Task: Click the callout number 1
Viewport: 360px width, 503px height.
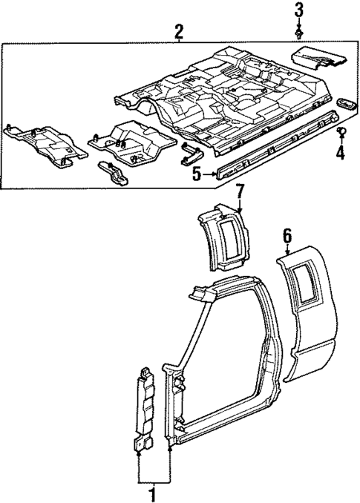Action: tap(154, 493)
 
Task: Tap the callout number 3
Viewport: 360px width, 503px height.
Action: tap(298, 10)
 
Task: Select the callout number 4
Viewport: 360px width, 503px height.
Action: tap(340, 154)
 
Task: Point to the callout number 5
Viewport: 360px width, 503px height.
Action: tap(196, 175)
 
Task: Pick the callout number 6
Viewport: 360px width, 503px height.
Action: tap(287, 236)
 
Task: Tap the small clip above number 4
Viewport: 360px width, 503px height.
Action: tap(340, 133)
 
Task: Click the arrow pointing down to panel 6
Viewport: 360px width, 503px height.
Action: tap(287, 251)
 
